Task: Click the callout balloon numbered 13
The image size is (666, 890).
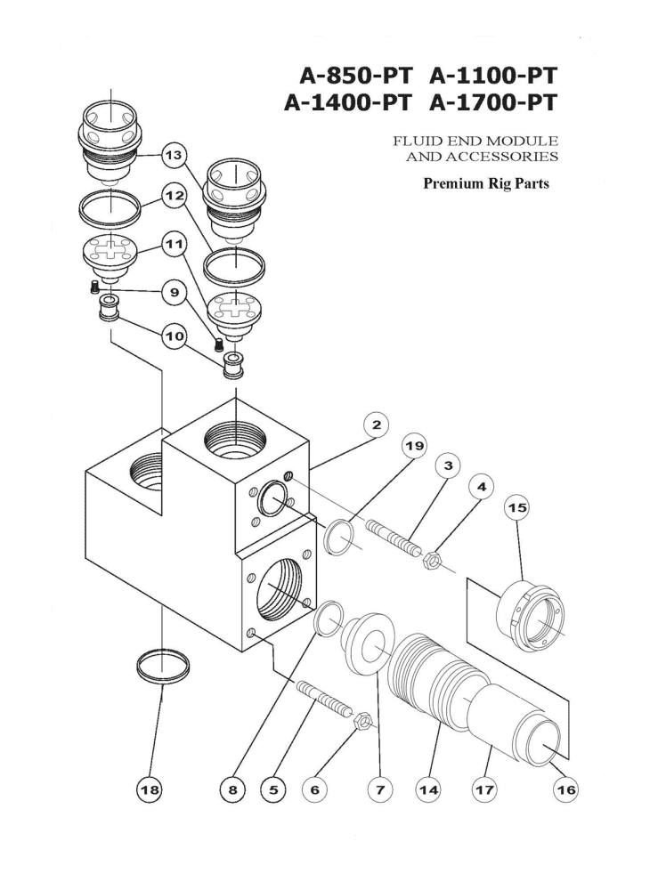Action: [x=172, y=154]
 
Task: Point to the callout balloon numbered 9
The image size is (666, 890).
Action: [x=172, y=292]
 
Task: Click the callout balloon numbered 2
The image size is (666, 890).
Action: [x=376, y=425]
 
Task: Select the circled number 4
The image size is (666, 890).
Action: [x=483, y=488]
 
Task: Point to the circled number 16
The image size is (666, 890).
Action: [x=564, y=788]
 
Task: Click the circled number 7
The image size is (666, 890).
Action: [x=377, y=788]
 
